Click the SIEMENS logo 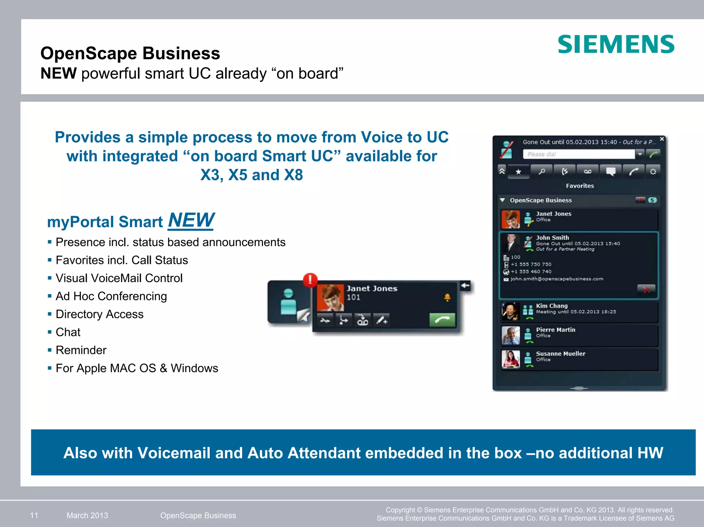(616, 44)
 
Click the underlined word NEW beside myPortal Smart (191, 220)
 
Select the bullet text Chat (68, 332)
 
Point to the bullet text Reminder (81, 350)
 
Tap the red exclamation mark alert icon (310, 280)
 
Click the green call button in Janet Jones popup (442, 320)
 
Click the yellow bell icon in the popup (447, 298)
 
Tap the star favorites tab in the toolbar (518, 171)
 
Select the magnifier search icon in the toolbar (542, 171)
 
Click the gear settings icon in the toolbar (653, 171)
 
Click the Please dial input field (579, 154)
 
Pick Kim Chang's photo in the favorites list (510, 311)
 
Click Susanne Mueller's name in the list (560, 354)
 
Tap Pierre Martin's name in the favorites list (555, 329)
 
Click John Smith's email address (557, 279)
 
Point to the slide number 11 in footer (34, 515)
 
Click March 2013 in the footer (87, 515)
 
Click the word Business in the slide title (181, 53)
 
